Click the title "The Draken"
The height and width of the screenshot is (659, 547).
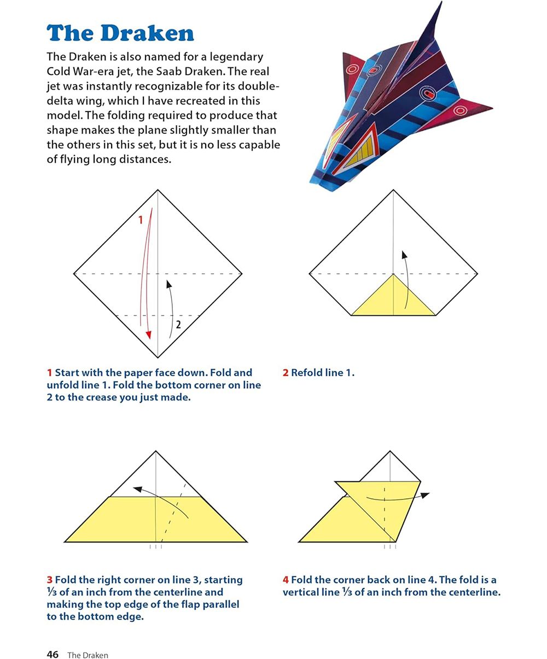pos(120,33)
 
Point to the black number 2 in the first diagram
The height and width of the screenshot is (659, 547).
pos(178,324)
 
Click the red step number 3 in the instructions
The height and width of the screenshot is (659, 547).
pos(49,580)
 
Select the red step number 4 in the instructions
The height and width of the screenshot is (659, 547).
pos(286,580)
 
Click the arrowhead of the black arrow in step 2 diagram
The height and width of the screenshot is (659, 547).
pos(404,255)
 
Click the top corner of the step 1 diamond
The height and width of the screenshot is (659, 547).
pos(158,190)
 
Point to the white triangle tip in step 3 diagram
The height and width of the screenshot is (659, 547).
pos(156,452)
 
